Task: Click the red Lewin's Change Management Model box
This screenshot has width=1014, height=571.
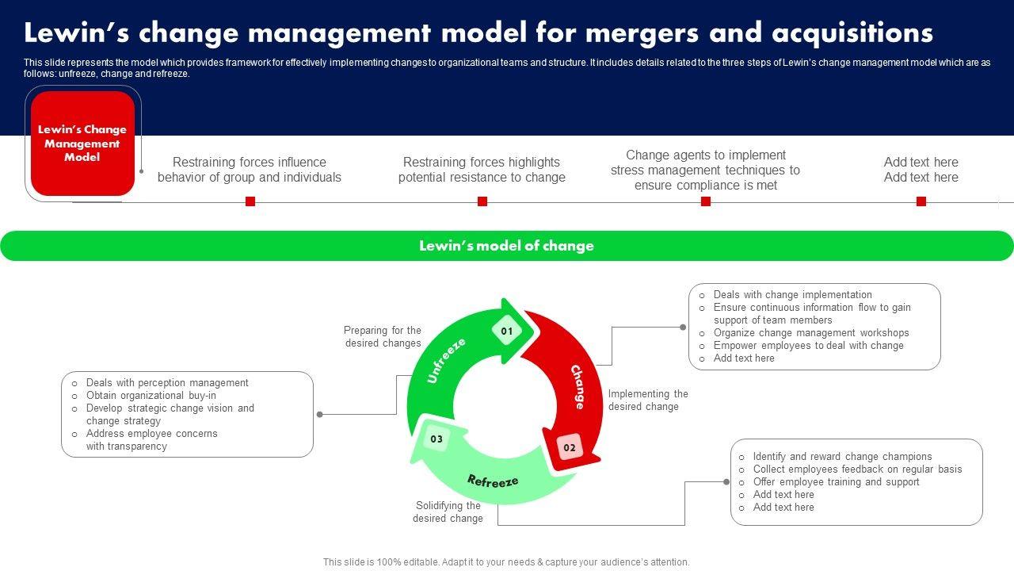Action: tap(82, 144)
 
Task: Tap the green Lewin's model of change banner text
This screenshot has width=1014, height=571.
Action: tap(506, 246)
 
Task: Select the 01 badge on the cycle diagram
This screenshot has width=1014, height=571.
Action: tap(507, 331)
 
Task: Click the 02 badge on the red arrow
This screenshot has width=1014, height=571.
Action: tap(570, 447)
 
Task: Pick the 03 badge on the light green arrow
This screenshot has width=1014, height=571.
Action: tap(436, 439)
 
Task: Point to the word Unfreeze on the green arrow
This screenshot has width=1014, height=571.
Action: tap(446, 360)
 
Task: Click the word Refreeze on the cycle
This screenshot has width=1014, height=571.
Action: tap(493, 481)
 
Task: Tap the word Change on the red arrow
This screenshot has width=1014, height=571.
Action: tap(578, 386)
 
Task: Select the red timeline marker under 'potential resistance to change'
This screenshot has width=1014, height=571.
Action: tap(482, 201)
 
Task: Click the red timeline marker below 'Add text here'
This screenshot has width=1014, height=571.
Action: tap(921, 201)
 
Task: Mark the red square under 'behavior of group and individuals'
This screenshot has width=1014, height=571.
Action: tap(250, 201)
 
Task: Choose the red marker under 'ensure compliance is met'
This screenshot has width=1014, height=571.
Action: tap(706, 201)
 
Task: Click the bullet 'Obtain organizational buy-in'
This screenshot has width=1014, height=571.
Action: tap(151, 395)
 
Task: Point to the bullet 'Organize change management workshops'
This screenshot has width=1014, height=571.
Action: tap(811, 333)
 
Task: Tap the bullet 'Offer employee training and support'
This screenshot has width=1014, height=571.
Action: tap(836, 481)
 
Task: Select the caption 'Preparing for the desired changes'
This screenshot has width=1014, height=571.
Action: tap(383, 336)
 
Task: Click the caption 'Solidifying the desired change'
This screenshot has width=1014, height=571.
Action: tap(448, 512)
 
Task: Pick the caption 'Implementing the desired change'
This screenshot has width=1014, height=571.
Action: tap(648, 400)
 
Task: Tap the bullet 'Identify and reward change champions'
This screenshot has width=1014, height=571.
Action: tap(842, 456)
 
